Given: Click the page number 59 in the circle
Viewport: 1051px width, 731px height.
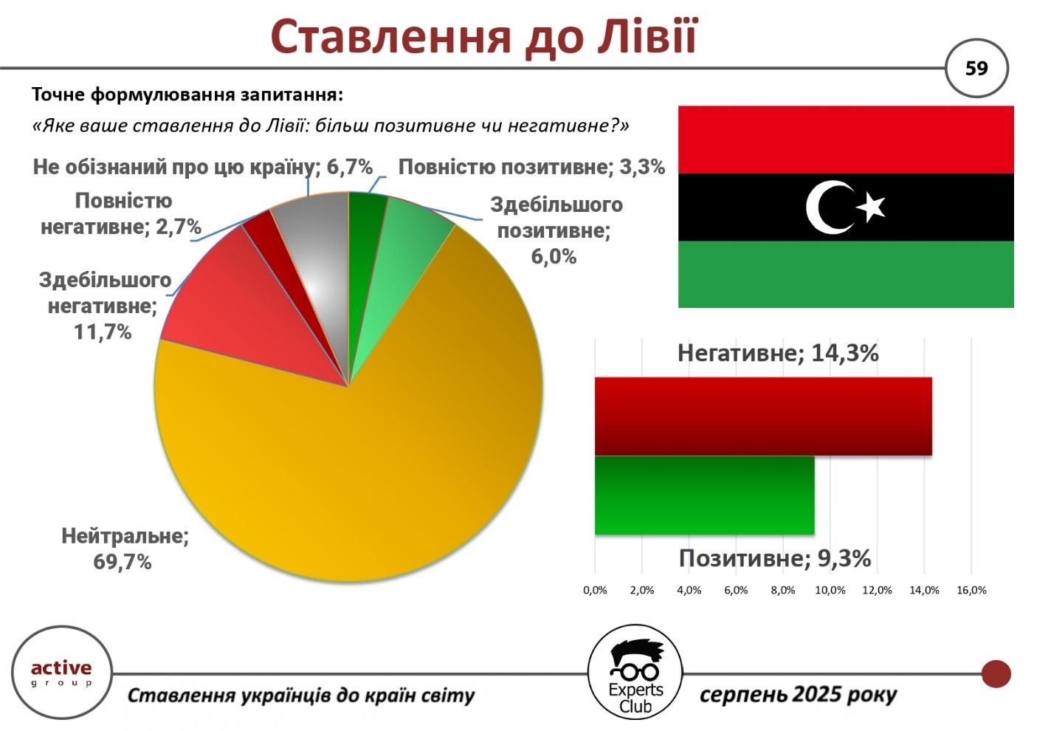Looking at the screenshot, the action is (x=976, y=69).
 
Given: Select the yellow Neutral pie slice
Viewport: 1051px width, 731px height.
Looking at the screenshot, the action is (x=356, y=460).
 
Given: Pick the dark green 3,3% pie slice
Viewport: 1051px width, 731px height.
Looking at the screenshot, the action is (x=364, y=244).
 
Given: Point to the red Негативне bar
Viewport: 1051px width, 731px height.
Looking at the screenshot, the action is (x=763, y=416).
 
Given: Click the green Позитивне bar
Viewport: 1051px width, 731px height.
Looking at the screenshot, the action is (x=704, y=495).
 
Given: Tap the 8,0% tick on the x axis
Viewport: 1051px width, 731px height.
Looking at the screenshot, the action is (x=782, y=590).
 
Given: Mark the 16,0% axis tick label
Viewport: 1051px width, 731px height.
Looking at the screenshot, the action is (x=972, y=590).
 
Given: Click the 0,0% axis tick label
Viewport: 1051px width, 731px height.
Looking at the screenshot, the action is (x=595, y=590).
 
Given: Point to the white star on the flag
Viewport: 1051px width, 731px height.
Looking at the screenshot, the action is (x=872, y=207).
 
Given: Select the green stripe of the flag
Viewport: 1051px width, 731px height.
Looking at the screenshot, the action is (x=846, y=274).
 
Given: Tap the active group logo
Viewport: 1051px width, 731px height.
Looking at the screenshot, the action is (x=61, y=673).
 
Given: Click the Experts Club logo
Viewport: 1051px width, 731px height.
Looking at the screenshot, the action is (x=635, y=672).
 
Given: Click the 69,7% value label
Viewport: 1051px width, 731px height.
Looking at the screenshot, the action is (x=123, y=561).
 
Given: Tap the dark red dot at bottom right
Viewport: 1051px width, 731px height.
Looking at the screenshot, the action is (x=996, y=673).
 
